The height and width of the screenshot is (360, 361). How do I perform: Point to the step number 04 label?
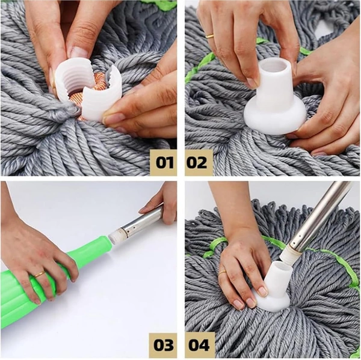[x=199, y=345]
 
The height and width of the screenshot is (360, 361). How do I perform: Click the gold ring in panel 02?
[x=210, y=37]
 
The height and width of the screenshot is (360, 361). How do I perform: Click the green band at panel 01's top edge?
[x=159, y=5]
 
